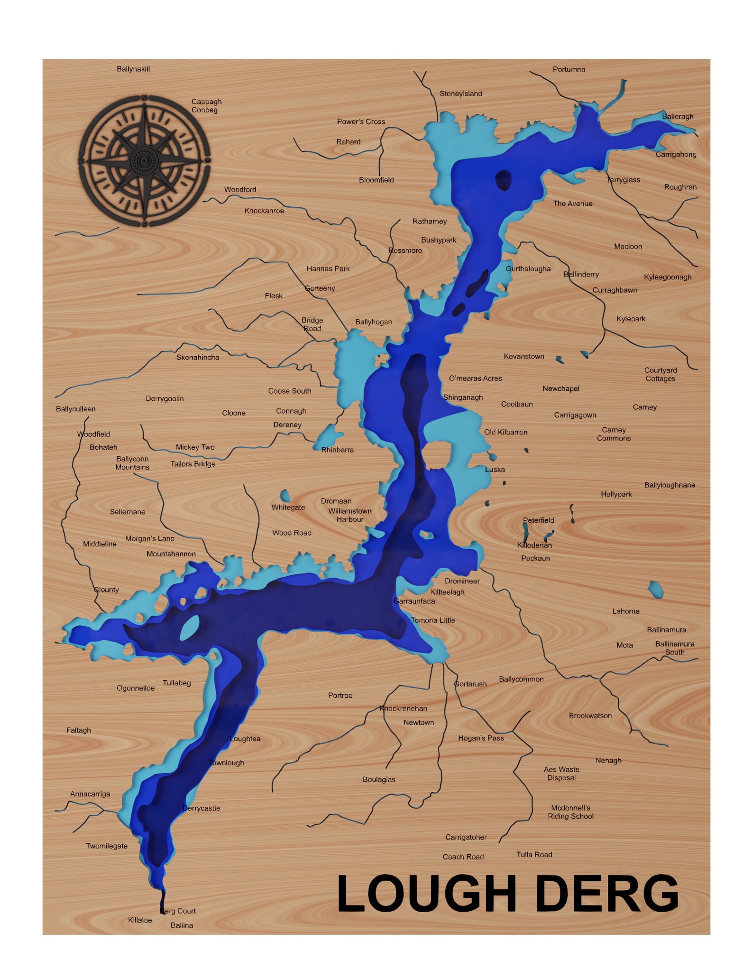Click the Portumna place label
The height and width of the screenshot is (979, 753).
[569, 69]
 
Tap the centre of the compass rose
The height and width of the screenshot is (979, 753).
[144, 161]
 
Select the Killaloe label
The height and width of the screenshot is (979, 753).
[140, 920]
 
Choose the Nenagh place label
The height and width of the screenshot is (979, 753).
[608, 760]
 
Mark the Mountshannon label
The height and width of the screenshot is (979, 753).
[171, 554]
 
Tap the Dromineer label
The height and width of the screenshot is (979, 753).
[462, 581]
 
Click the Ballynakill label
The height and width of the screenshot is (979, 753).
[133, 69]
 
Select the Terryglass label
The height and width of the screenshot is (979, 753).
[624, 180]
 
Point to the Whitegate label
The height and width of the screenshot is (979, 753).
[288, 507]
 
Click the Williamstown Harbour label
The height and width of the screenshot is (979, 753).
[350, 515]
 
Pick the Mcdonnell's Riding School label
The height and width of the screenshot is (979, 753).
[570, 812]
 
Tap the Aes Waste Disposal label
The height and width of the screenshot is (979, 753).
[561, 773]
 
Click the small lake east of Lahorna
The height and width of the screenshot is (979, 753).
[655, 589]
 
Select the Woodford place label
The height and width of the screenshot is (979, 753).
[240, 189]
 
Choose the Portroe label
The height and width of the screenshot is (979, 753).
[340, 695]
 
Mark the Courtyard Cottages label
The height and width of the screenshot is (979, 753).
[660, 374]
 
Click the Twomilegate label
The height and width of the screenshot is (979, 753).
[107, 846]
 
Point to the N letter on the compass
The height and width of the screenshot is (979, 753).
[144, 98]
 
